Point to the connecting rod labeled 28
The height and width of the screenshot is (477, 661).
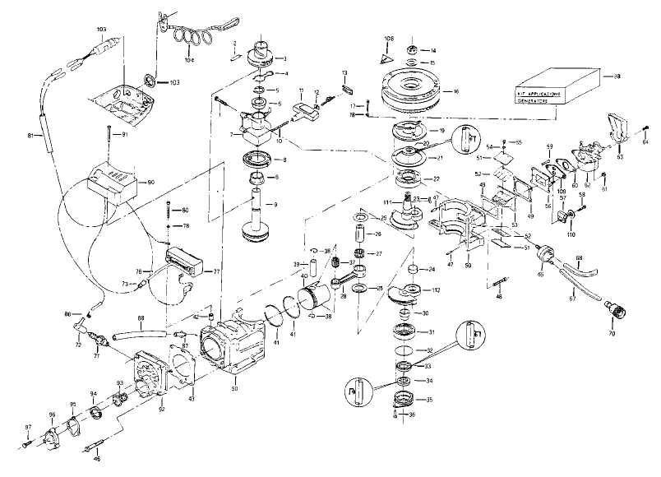(x=345, y=283)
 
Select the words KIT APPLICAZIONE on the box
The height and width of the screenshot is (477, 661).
(x=538, y=95)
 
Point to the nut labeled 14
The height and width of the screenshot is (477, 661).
(x=412, y=51)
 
